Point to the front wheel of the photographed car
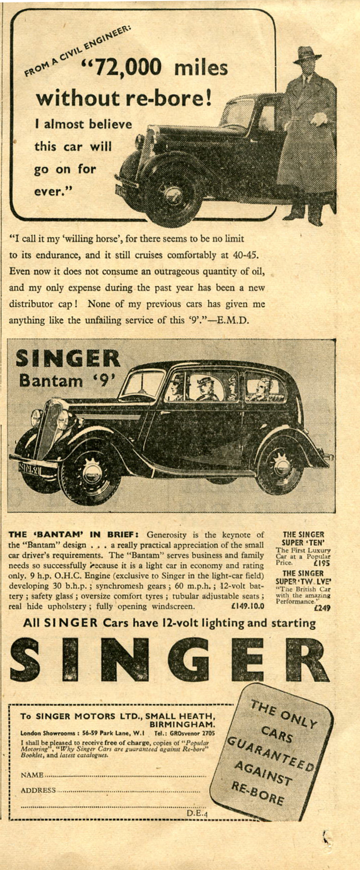pos(173,195)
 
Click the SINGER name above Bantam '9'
pos(68,359)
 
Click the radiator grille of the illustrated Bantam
pos(48,428)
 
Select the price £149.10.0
pos(247,606)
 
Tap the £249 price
pos(322,608)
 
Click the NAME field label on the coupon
pos(32,775)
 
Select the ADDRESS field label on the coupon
pos(38,790)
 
